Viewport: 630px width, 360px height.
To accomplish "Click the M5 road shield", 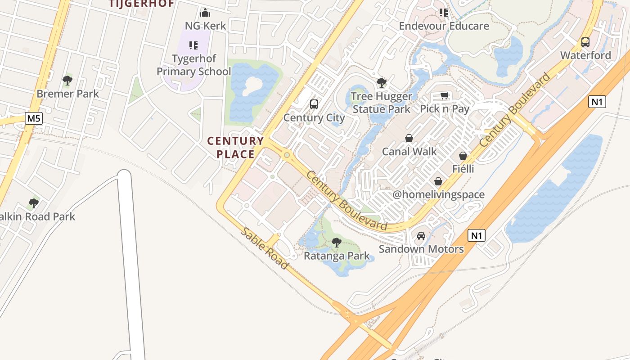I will click(x=33, y=119).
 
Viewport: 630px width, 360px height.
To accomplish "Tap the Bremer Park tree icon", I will click(x=67, y=81).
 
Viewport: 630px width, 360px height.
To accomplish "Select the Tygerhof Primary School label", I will click(x=193, y=65).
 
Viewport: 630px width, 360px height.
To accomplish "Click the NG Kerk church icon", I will click(x=205, y=13).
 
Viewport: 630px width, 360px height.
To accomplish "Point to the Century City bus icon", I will click(x=314, y=104).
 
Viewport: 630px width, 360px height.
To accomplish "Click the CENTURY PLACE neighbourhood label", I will click(x=235, y=148).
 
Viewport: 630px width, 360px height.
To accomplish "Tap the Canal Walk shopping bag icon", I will click(x=409, y=138).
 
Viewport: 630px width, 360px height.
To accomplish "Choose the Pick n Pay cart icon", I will click(x=445, y=95).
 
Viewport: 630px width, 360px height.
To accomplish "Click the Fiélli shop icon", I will click(x=463, y=156).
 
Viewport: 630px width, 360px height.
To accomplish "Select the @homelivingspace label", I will click(x=439, y=194).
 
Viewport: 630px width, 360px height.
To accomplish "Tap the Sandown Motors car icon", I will click(x=421, y=235).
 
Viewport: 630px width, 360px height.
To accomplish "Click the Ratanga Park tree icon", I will click(x=336, y=243).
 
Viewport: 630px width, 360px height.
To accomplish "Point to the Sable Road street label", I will click(x=265, y=248).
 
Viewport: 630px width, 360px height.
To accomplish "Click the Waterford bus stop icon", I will click(x=585, y=42).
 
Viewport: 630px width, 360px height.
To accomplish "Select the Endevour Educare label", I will click(x=444, y=26).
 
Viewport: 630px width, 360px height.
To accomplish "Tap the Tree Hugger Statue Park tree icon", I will click(x=381, y=83).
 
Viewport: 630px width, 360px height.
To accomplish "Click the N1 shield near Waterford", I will click(x=597, y=102).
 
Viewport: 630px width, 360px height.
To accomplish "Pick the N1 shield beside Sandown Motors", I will click(x=477, y=235).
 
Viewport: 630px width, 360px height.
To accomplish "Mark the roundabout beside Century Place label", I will click(x=287, y=155).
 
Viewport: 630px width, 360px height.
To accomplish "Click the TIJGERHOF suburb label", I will click(x=141, y=4).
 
